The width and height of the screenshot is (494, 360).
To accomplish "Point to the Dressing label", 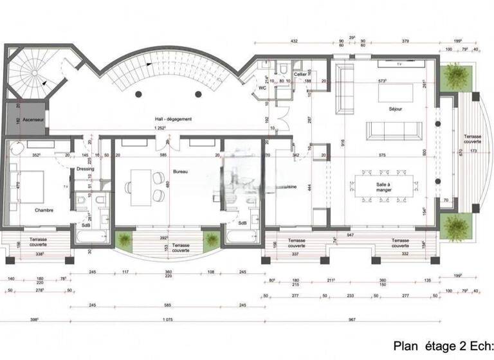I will point(85,169).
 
